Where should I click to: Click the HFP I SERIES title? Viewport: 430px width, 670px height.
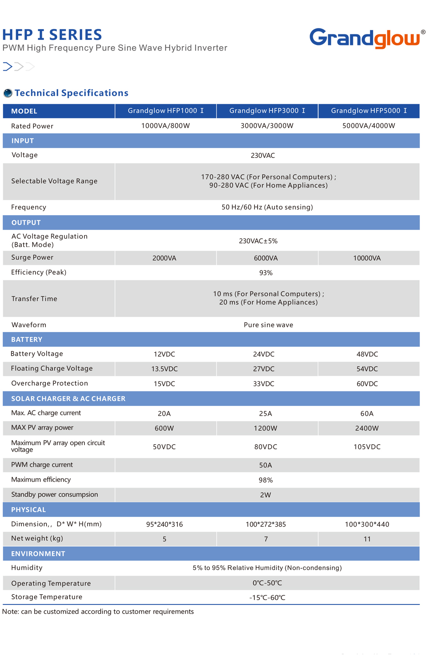coord(52,35)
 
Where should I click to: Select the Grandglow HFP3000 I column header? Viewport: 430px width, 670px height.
coord(267,111)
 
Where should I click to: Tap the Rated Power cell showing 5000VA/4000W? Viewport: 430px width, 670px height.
coord(368,126)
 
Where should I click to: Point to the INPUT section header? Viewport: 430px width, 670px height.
coord(22,141)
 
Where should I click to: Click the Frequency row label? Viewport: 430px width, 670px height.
coord(28,207)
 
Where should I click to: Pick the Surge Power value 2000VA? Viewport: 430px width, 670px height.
coord(164,258)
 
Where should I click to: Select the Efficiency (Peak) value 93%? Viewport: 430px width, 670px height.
coord(265,273)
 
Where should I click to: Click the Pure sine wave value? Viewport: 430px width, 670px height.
coord(268,325)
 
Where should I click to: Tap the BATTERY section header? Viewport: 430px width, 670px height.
coord(26,340)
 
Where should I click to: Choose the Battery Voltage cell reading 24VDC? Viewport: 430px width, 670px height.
coord(264,354)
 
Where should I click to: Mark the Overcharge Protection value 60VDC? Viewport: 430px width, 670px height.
coord(367,384)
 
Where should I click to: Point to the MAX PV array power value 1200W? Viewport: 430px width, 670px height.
coord(265,428)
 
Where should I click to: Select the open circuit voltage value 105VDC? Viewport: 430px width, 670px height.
coord(367,447)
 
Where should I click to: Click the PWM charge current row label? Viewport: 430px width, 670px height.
coord(42,465)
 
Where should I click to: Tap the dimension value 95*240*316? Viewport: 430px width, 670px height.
coord(164,524)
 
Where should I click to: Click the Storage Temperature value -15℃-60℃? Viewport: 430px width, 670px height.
coord(267,598)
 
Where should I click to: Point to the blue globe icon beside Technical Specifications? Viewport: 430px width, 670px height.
coord(7,93)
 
